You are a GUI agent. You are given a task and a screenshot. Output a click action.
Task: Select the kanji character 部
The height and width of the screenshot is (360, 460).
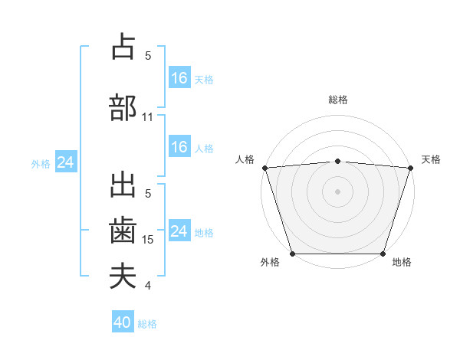pos(123,107)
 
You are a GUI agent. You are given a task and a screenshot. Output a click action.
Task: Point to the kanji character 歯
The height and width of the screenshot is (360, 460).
pos(123,230)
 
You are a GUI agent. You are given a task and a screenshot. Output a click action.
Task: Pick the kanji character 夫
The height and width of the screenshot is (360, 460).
pos(123,276)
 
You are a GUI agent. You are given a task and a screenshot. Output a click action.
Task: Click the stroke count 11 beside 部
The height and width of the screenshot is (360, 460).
pos(148,117)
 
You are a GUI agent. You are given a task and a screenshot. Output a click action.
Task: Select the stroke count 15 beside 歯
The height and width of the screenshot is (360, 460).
pos(148,240)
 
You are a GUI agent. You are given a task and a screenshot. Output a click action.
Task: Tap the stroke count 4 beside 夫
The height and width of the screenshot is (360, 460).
pos(148,286)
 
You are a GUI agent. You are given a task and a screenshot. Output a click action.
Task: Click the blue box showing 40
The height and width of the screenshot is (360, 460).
pos(123,322)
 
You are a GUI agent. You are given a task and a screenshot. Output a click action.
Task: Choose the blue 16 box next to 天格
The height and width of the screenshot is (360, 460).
pos(179,78)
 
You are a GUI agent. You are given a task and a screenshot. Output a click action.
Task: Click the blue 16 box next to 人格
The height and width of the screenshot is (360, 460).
pos(179,147)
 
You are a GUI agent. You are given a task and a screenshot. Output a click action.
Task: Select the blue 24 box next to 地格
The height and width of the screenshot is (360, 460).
pos(179,231)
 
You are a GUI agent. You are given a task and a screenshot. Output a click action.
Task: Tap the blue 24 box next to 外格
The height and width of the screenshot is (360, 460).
pos(65,162)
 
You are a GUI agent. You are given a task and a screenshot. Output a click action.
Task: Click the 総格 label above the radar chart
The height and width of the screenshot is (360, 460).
pos(337,100)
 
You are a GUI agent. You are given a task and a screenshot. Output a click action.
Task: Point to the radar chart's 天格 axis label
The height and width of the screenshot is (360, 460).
pos(432,159)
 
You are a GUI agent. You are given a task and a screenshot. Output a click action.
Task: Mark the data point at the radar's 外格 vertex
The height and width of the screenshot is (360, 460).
pos(292,254)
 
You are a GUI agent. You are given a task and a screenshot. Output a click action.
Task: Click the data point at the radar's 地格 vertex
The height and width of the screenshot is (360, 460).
pos(383,254)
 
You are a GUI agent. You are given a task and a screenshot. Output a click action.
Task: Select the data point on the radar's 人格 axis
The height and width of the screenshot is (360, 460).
pos(264,168)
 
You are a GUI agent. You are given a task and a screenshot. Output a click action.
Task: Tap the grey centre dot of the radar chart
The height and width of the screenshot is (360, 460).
pos(337,191)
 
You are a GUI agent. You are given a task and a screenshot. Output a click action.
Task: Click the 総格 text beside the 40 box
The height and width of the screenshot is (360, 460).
pos(147,324)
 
